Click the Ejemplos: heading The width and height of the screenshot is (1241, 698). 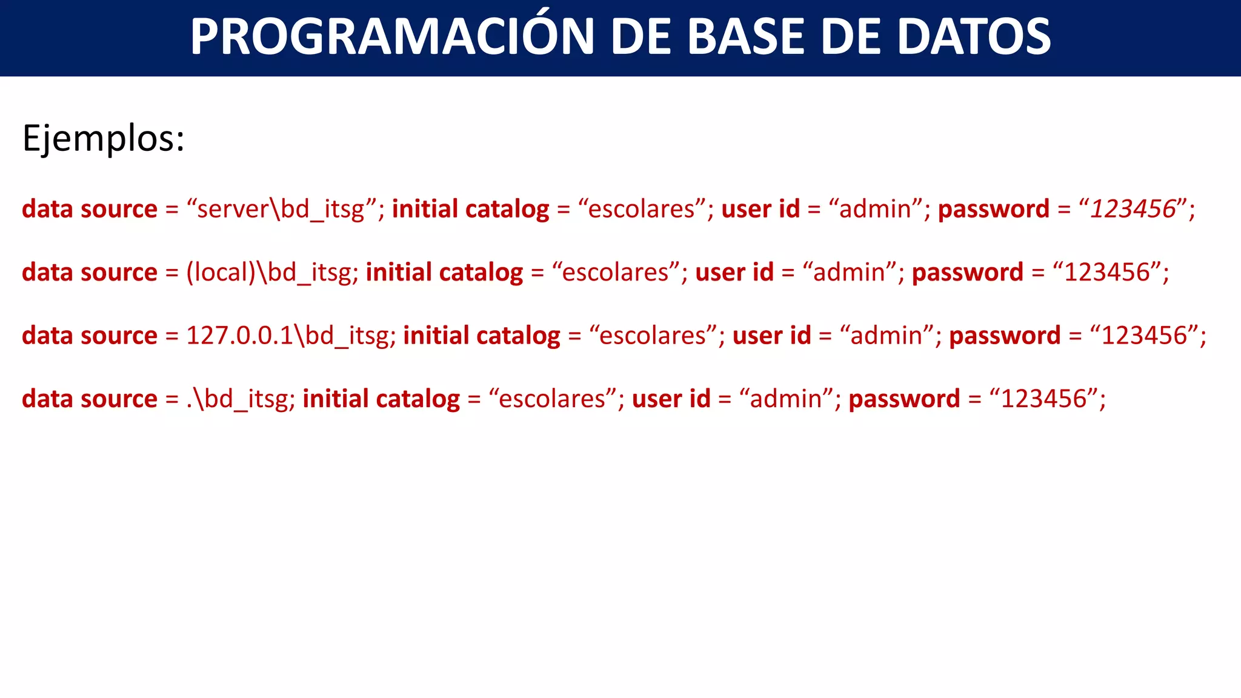tap(103, 139)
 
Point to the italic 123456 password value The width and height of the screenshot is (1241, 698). tap(1133, 209)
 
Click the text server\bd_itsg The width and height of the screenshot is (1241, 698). tap(281, 209)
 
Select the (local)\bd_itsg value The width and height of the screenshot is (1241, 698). tap(268, 273)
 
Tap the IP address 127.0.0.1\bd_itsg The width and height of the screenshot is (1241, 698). tap(287, 336)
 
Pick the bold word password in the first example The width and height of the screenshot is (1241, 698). tap(994, 209)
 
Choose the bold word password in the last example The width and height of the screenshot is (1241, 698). tap(904, 399)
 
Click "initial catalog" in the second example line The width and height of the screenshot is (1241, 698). tap(444, 273)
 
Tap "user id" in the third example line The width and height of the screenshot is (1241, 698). tap(771, 336)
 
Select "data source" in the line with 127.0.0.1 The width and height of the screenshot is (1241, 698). tap(90, 336)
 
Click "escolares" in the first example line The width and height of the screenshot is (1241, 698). tap(641, 209)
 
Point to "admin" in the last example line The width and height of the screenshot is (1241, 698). tap(786, 399)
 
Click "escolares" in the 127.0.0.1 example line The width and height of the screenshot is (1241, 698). tap(653, 336)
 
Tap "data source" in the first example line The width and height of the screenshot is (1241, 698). tap(90, 209)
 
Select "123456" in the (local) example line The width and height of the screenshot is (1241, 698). tap(1106, 273)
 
